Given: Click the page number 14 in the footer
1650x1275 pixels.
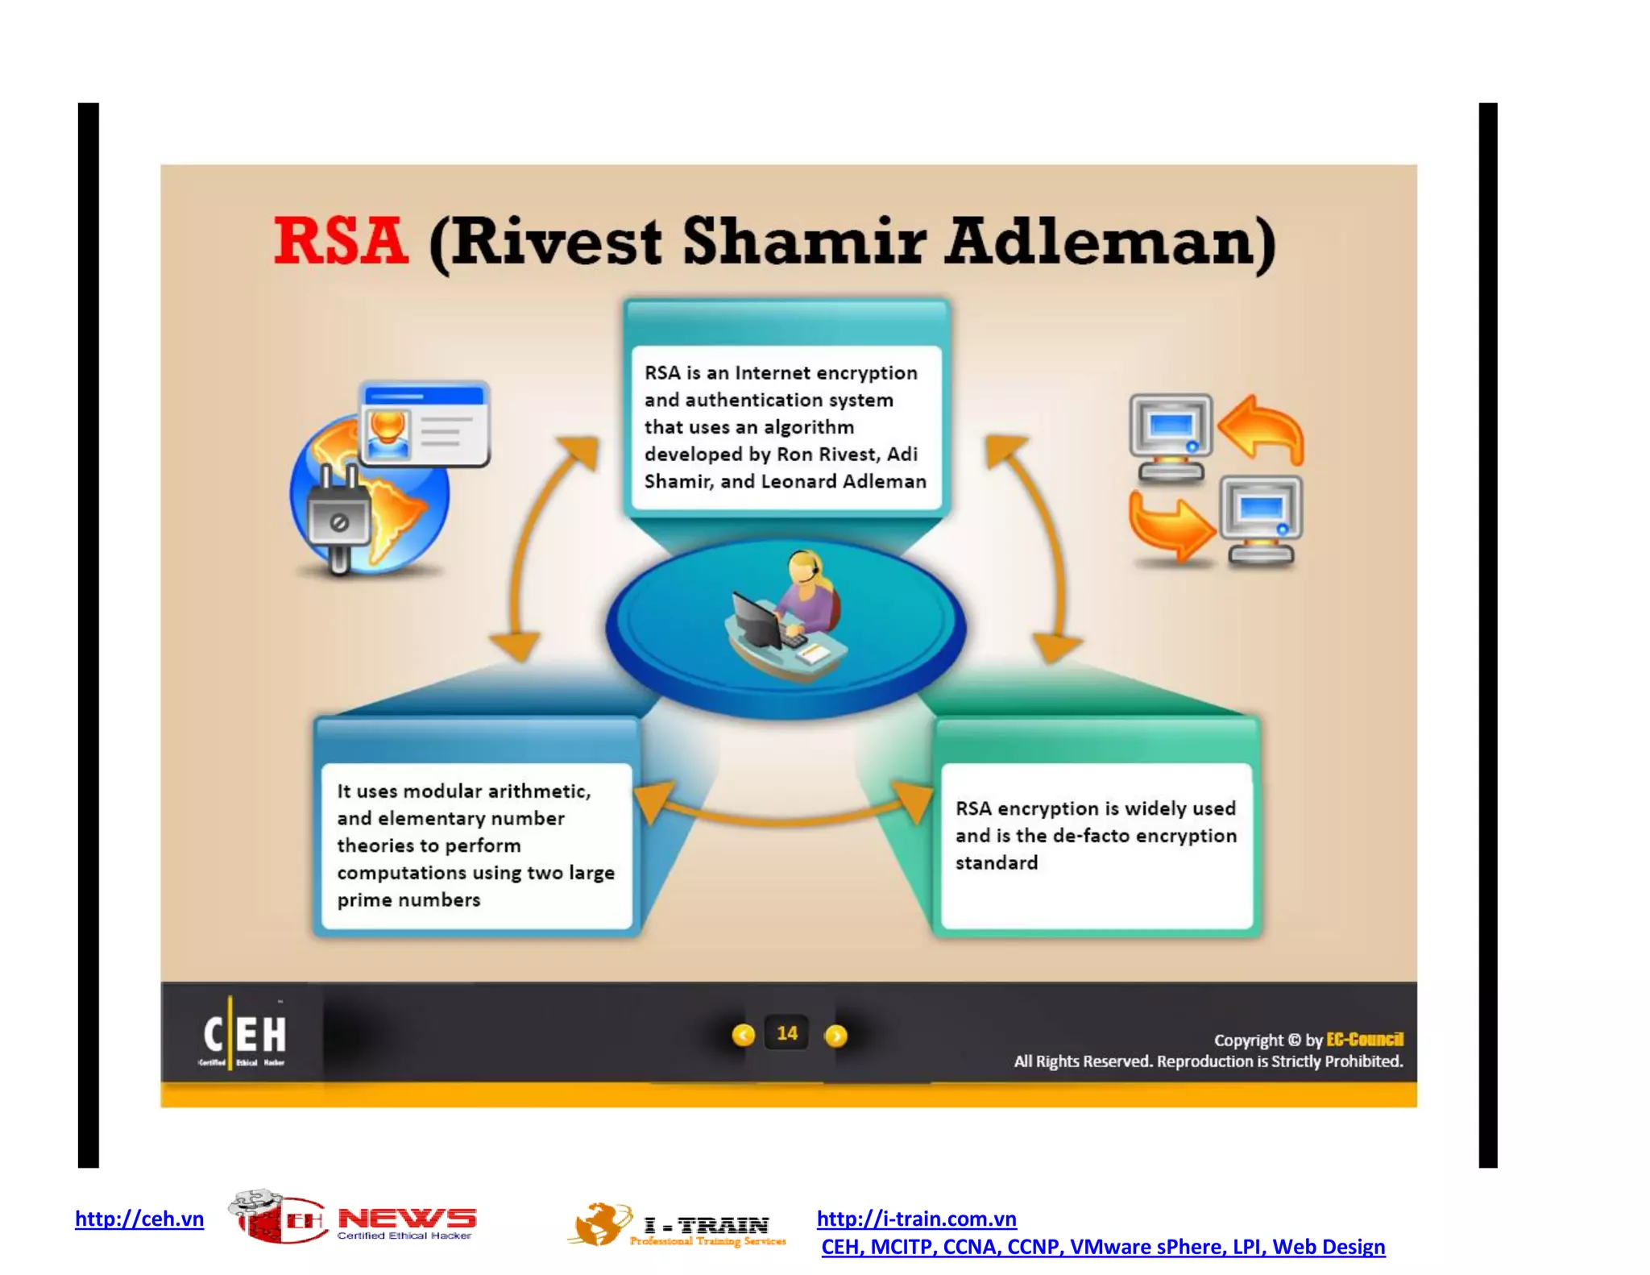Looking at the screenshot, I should (x=787, y=1033).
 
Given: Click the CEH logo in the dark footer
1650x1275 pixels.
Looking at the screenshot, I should (x=244, y=1035).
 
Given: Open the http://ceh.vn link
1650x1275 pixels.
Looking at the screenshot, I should (x=139, y=1219).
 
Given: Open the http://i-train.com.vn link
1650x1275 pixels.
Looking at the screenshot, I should (x=916, y=1219).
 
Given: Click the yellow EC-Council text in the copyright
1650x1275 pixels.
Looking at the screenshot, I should (x=1364, y=1039).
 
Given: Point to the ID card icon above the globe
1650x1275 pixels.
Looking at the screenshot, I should (x=425, y=424).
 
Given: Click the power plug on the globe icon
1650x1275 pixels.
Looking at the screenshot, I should (x=338, y=516).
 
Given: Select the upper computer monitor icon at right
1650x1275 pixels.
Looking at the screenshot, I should (x=1171, y=435).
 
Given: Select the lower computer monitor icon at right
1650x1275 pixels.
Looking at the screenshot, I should (x=1260, y=519).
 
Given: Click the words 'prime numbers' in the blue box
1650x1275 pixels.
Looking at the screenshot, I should (x=408, y=899).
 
